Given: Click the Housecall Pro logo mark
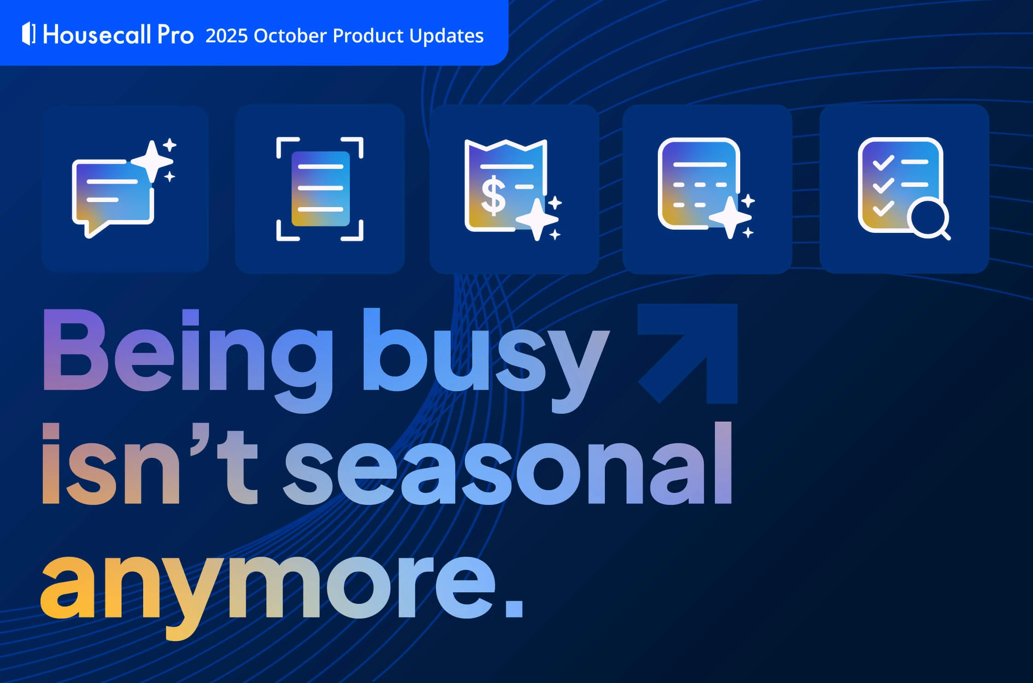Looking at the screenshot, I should tap(29, 34).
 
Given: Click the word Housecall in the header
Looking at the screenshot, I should tap(97, 35).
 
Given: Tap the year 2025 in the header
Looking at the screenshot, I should tap(226, 36).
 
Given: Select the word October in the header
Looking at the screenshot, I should tap(290, 36).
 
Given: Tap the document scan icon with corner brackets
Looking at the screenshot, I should tap(320, 189).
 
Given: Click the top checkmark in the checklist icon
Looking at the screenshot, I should tap(883, 162).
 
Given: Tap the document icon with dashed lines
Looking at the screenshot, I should tap(699, 184).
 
